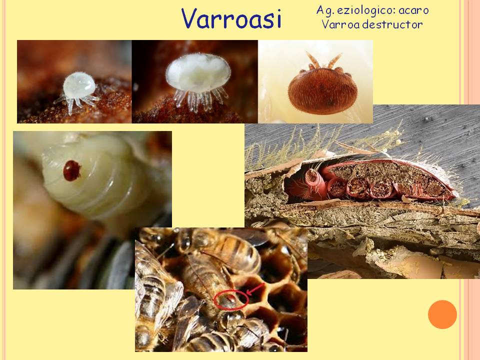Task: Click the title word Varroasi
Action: [x=231, y=18]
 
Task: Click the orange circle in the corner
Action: [x=442, y=314]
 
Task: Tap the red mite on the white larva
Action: [x=72, y=170]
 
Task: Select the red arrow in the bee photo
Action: [x=255, y=289]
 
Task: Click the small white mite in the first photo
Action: [x=78, y=91]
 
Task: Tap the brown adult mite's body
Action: [x=322, y=91]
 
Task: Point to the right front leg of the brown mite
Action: [x=334, y=61]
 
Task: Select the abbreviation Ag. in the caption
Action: [x=325, y=10]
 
